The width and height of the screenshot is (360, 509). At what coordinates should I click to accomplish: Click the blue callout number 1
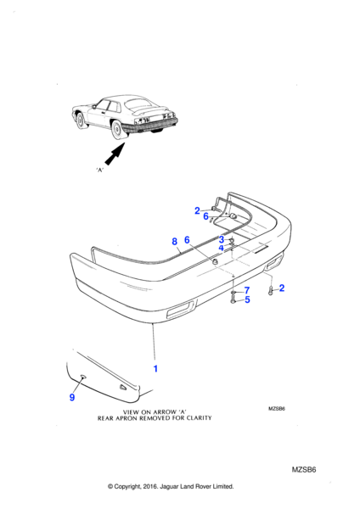tap(155, 369)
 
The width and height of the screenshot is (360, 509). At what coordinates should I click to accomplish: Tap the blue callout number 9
tap(72, 397)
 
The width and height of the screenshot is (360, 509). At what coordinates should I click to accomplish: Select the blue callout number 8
tap(174, 242)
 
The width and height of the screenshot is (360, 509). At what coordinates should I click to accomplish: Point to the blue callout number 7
tap(247, 290)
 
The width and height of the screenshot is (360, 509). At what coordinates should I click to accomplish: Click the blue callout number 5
tap(247, 299)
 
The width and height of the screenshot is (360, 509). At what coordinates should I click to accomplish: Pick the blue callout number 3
tap(222, 240)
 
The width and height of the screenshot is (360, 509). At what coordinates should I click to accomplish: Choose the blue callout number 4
tap(222, 249)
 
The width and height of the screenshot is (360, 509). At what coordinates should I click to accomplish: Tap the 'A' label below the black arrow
tap(99, 170)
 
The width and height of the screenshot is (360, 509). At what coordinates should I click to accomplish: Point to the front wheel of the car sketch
tap(79, 120)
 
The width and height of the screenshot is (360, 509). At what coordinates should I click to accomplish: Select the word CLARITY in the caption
tap(198, 418)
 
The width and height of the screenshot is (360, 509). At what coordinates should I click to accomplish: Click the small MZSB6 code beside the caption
tap(277, 409)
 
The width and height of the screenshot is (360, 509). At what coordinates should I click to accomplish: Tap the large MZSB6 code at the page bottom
tap(304, 470)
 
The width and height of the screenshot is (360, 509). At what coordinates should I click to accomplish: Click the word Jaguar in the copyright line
tap(167, 486)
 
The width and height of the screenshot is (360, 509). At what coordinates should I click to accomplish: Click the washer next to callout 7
tap(233, 293)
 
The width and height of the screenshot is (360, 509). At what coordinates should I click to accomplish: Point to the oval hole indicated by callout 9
tap(83, 377)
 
